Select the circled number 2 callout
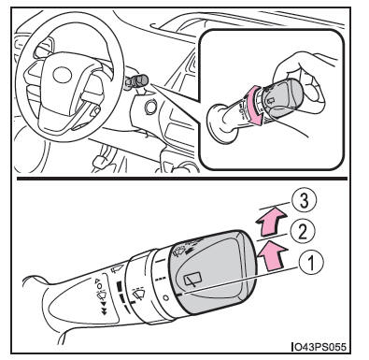point(303,232)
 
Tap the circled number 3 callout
point(305,200)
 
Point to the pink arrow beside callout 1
point(271,256)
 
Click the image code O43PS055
point(319,347)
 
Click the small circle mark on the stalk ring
point(166,298)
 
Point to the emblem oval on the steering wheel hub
point(63,75)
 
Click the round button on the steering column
point(150,107)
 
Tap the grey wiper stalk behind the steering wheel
point(136,82)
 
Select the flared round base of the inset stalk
point(220,124)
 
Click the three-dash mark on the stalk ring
point(160,279)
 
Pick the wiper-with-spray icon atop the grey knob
point(179,252)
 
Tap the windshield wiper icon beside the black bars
point(139,293)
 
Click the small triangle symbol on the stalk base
point(97,281)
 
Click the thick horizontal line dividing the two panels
point(182,179)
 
